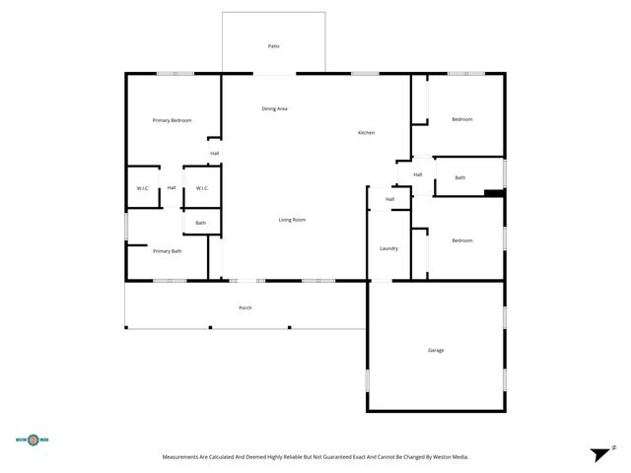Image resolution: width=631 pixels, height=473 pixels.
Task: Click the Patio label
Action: [x=273, y=46]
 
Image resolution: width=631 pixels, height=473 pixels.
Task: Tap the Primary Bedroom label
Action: [x=172, y=120]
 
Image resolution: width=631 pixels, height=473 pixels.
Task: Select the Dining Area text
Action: [x=274, y=108]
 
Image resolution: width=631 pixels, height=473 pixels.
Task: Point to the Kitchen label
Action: [x=366, y=133]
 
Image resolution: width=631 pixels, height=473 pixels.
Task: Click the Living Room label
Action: [x=291, y=220]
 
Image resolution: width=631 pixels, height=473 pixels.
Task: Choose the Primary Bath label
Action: [x=167, y=251]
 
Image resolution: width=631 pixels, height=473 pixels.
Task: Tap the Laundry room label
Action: [x=388, y=248]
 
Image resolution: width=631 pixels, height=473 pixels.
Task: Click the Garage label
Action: [x=435, y=351]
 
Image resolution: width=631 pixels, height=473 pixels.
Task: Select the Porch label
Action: [x=245, y=307]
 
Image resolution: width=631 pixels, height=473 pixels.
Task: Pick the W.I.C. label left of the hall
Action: [x=142, y=188]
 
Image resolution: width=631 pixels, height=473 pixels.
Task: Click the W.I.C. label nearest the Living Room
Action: [x=201, y=188]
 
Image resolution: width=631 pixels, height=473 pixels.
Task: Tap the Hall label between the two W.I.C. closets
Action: [x=172, y=188]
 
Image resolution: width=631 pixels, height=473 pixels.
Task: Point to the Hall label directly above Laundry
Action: [x=389, y=199]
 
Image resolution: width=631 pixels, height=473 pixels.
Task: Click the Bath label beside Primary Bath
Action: [x=200, y=223]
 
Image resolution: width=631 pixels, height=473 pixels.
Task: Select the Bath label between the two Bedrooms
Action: [x=459, y=177]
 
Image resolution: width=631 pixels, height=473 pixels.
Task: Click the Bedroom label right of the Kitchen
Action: [x=461, y=119]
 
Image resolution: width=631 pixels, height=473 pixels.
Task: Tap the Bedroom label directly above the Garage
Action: [x=461, y=240]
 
